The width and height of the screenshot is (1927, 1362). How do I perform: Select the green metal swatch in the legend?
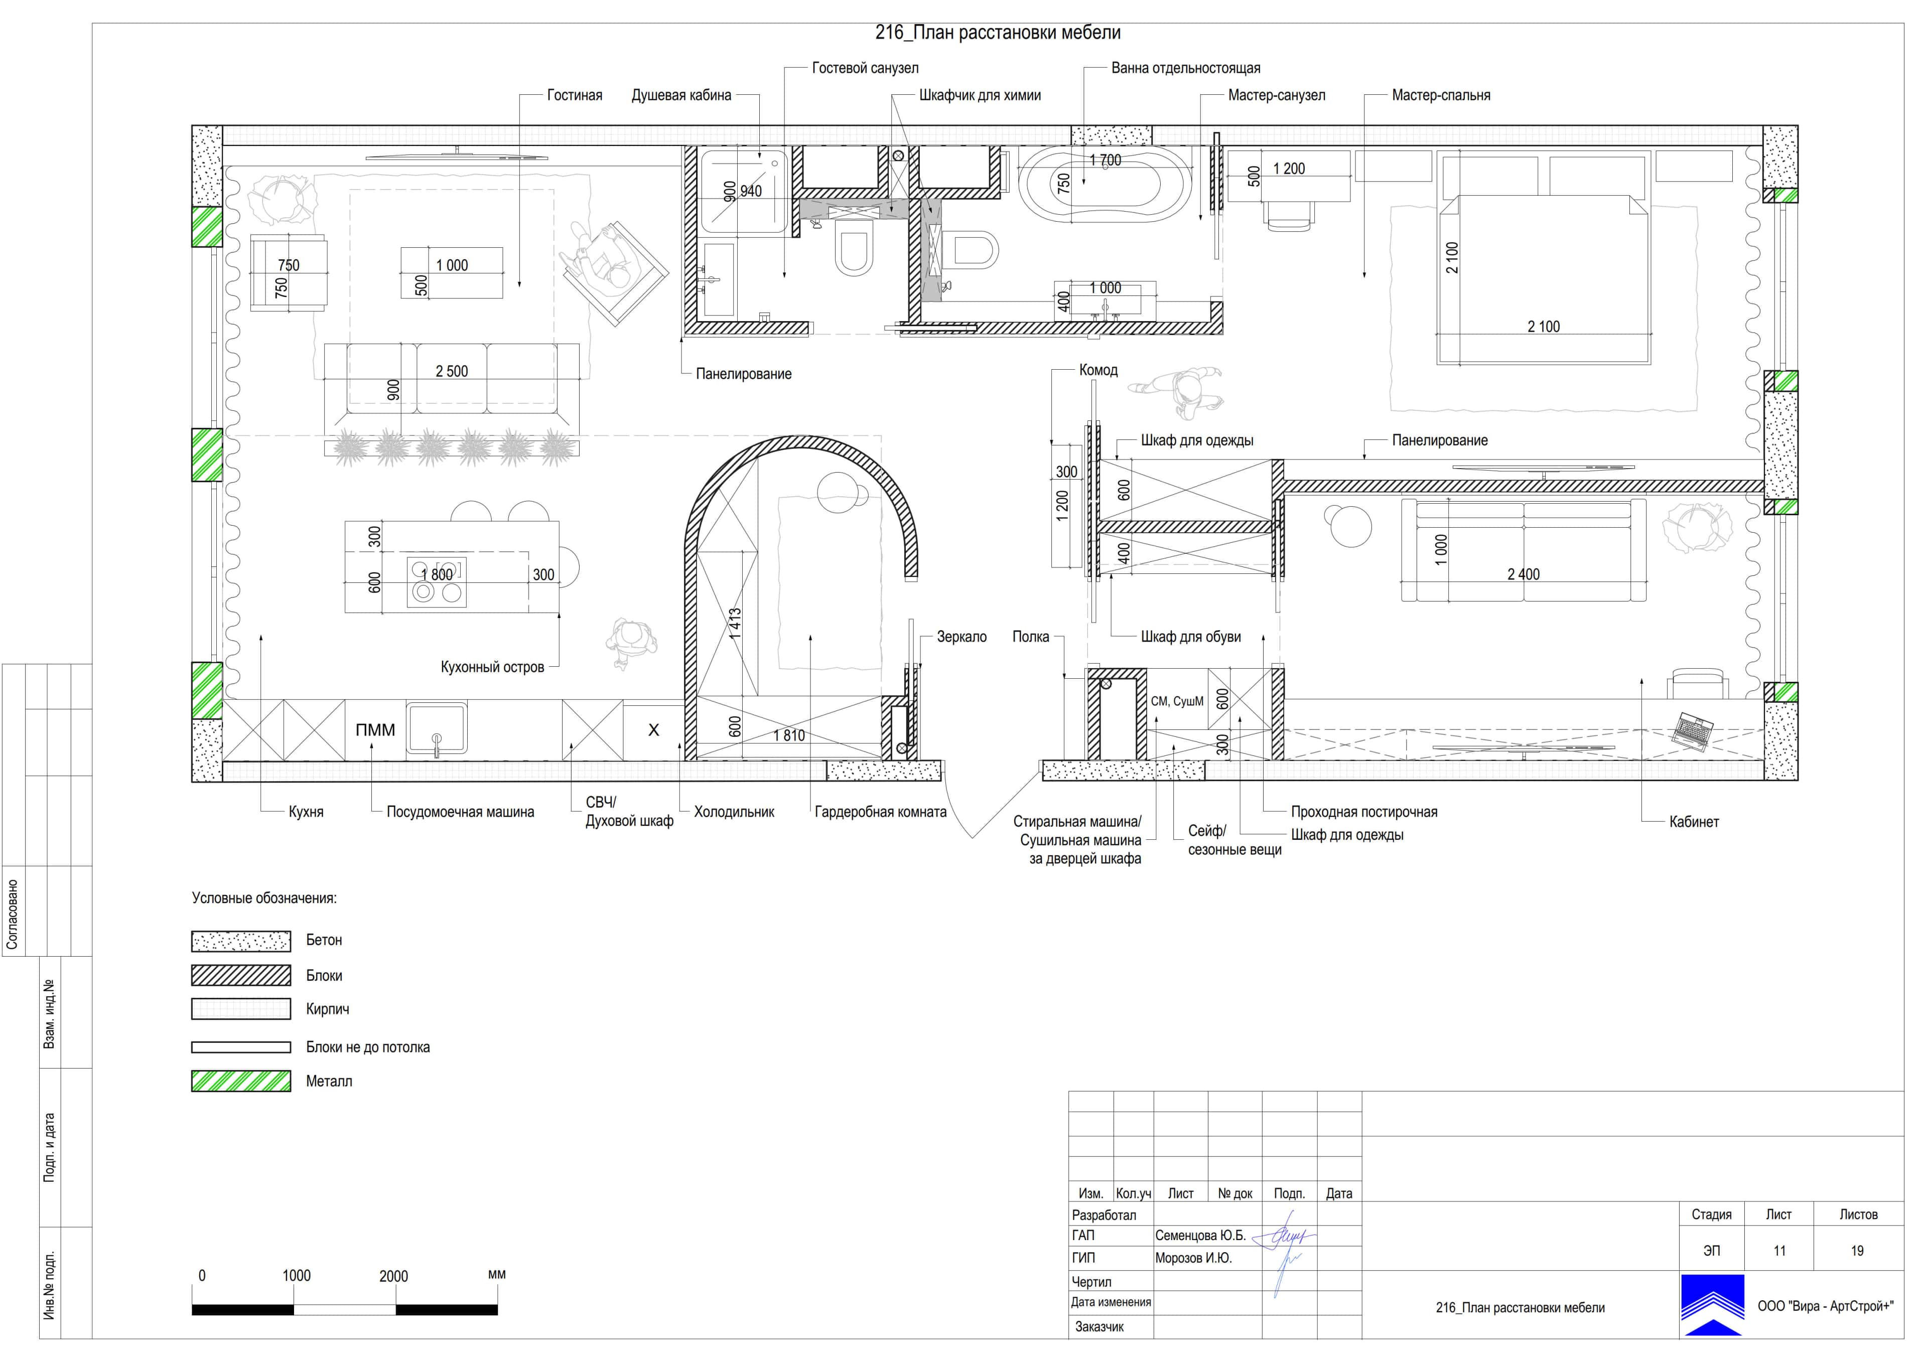point(241,1081)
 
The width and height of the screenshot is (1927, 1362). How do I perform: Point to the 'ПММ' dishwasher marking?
point(375,730)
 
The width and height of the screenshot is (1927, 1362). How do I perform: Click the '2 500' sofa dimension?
point(452,371)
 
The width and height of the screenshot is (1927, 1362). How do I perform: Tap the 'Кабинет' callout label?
point(1694,822)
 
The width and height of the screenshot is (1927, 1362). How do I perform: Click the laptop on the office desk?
point(1693,730)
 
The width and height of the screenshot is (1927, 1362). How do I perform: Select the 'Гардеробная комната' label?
point(880,812)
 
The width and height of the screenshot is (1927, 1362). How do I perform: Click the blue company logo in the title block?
point(1712,1305)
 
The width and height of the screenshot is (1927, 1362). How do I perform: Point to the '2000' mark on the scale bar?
point(393,1276)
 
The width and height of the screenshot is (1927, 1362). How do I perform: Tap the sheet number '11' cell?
point(1779,1251)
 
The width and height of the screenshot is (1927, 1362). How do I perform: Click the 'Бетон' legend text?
point(324,940)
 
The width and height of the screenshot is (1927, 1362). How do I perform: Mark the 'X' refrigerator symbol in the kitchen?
point(654,730)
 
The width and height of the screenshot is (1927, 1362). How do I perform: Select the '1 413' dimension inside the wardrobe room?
point(735,625)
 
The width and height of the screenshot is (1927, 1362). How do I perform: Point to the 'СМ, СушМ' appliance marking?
point(1177,701)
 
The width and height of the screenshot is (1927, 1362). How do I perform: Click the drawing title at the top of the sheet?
point(998,33)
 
